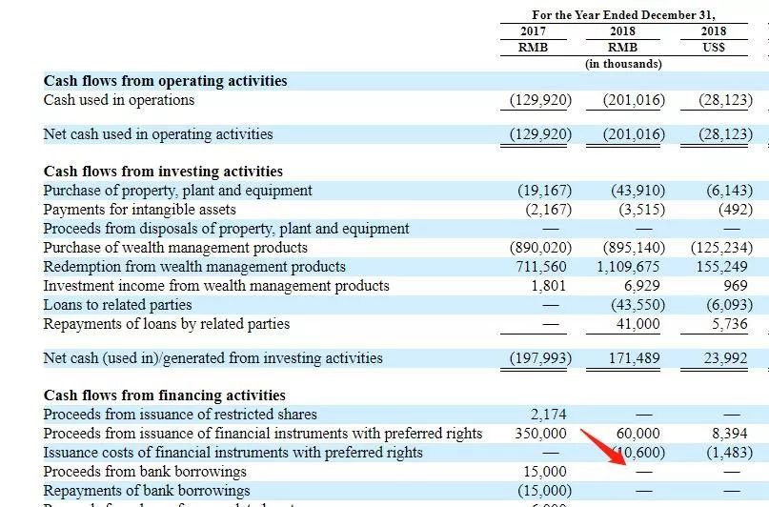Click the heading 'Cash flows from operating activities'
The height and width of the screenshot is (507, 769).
[x=165, y=81]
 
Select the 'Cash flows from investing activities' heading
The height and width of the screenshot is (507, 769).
[x=163, y=172]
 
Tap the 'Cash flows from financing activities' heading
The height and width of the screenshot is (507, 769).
[x=164, y=395]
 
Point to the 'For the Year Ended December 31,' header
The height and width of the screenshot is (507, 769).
[x=623, y=14]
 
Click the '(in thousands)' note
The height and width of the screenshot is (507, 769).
[x=623, y=64]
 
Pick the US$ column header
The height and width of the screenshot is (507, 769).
[x=714, y=47]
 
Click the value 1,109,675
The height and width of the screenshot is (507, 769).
[x=628, y=267]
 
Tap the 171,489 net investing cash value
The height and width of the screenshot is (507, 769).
[x=634, y=358]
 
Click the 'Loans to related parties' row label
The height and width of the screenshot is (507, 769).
[x=117, y=305]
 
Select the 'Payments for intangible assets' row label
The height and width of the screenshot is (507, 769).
[x=139, y=210]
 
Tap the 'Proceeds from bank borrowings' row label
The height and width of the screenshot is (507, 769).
[x=145, y=472]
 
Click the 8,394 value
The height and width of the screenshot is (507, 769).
[x=729, y=434]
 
